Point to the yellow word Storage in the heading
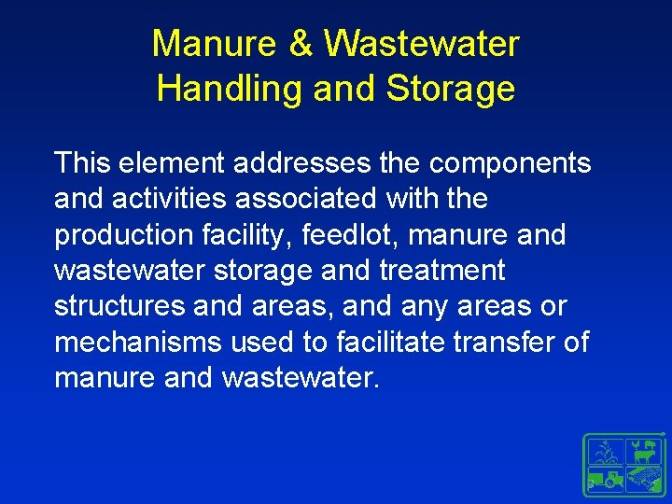pos(450,89)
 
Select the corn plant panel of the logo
pos(607,450)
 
